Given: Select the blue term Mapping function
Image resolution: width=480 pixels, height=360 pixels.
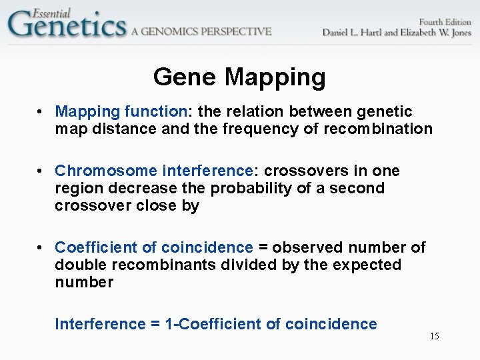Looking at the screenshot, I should (119, 111).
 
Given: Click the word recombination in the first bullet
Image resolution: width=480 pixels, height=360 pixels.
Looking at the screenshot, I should (378, 129).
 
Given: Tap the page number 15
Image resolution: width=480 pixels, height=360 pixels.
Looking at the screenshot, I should (434, 336).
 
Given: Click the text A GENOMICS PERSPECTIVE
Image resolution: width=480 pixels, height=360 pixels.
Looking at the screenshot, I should (201, 31).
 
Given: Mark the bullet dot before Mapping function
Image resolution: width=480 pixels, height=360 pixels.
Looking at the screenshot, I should (41, 112).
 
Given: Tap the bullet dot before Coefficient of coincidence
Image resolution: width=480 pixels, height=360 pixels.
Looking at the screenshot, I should (41, 248).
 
